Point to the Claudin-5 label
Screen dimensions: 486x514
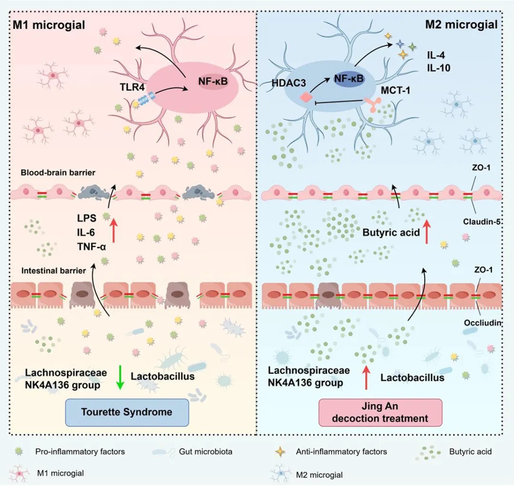tap(481, 221)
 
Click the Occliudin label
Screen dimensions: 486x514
tap(483, 322)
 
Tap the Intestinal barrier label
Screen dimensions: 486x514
tap(53, 271)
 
